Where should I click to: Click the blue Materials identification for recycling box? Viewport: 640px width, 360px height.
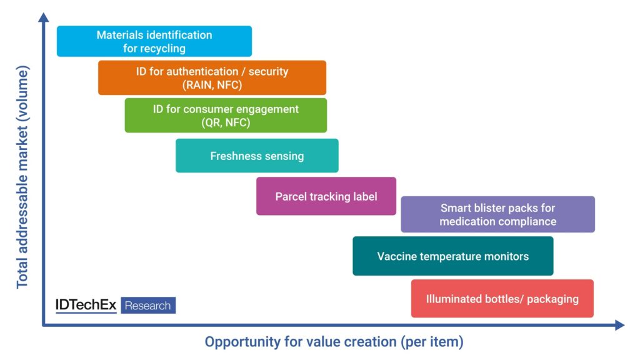(154, 41)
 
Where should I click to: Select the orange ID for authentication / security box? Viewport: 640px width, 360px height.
(212, 77)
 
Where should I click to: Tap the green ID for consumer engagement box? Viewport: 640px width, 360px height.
(226, 115)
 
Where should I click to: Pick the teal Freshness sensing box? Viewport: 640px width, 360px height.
(257, 156)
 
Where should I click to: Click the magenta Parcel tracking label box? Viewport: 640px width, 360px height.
(326, 196)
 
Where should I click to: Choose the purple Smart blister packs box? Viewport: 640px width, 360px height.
(497, 214)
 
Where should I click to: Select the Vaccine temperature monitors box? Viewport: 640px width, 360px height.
(452, 256)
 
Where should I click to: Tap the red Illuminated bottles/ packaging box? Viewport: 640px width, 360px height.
(502, 299)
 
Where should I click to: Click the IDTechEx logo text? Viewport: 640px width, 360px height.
(86, 305)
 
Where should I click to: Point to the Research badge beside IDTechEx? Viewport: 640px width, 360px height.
(148, 306)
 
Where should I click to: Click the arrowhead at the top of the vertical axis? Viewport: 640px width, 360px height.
(44, 17)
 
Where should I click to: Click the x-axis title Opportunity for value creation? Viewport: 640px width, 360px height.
(334, 342)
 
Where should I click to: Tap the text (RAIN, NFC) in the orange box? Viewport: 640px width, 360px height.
(212, 85)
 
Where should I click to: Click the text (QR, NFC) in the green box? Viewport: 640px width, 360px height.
(226, 122)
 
